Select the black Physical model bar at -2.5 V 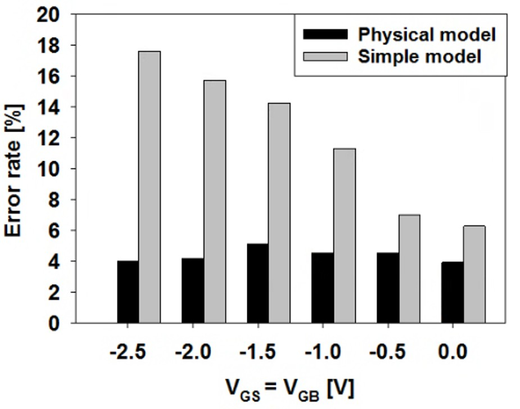[128, 292]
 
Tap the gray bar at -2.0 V [215, 202]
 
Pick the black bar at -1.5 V [258, 283]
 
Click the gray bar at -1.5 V [279, 213]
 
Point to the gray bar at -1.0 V [345, 235]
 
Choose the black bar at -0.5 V [388, 288]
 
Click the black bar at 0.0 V [453, 292]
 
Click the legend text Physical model [427, 35]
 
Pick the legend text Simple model [420, 57]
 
